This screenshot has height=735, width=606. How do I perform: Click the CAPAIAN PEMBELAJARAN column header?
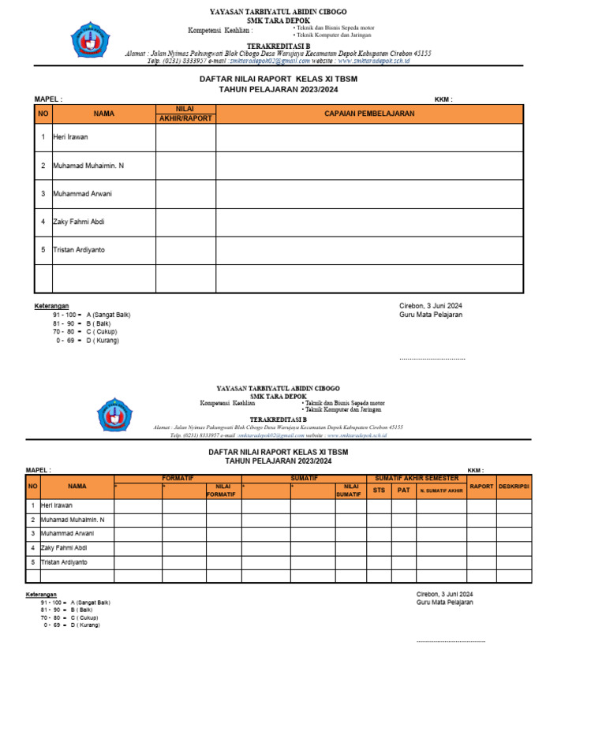tap(369, 114)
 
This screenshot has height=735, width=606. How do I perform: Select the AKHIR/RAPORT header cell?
tap(185, 118)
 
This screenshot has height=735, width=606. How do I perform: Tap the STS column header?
tap(379, 490)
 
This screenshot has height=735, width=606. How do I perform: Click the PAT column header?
tap(403, 490)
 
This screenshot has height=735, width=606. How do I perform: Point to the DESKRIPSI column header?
tap(513, 487)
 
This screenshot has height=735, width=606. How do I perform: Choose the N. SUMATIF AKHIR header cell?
tap(441, 491)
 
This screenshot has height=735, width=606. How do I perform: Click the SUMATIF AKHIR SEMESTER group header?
tap(416, 479)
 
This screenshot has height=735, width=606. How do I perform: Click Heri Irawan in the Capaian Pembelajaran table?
tap(70, 137)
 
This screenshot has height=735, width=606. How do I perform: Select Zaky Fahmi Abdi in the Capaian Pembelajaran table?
tap(78, 222)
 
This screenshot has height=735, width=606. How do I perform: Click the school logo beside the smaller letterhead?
tap(114, 414)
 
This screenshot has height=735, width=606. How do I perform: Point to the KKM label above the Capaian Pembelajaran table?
tap(443, 100)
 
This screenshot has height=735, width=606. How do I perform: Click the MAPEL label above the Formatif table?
tap(38, 471)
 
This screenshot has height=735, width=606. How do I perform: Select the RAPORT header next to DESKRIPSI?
tap(481, 487)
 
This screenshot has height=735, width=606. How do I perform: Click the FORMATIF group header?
tap(178, 479)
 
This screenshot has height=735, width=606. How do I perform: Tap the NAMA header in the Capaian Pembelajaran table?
tap(103, 114)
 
